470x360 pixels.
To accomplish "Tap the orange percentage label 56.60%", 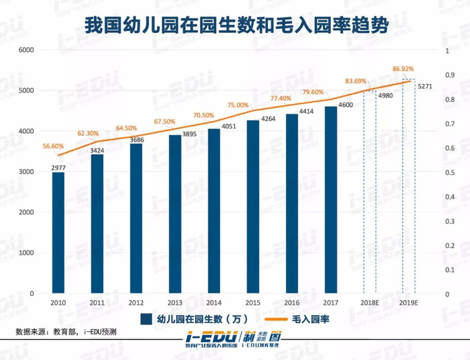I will [53, 146].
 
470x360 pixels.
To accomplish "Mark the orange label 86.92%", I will [403, 69].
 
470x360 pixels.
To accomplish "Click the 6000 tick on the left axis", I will [27, 50].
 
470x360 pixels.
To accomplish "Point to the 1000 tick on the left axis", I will [27, 253].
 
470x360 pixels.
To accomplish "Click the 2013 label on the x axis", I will [175, 304].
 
